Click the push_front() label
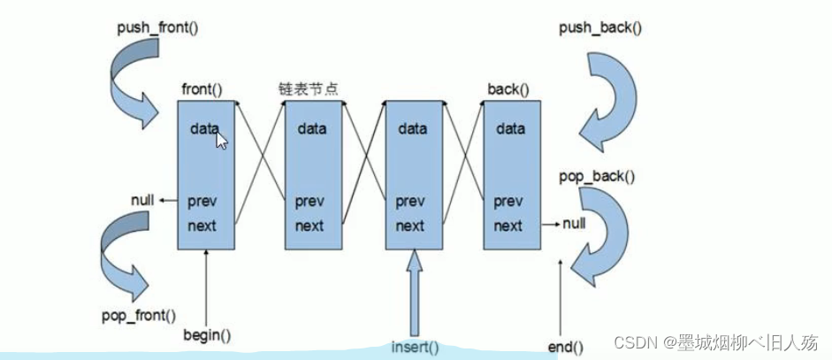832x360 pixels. coord(157,27)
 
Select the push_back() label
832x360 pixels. coord(600,27)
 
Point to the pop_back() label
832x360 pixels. coord(598,175)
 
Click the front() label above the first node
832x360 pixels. coord(202,89)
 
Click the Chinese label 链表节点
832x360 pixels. coord(304,89)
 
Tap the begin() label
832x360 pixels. coord(206,335)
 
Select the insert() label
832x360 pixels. coord(415,346)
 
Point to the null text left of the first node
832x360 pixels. coord(142,200)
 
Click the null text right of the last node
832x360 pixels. coord(573,225)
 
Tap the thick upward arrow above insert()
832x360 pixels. coord(415,292)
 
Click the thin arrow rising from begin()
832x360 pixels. coord(206,287)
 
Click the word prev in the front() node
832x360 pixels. coord(202,202)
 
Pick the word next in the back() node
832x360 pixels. coord(508,226)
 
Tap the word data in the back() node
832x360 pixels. coord(510,129)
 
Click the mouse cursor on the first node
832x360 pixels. coord(221,140)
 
